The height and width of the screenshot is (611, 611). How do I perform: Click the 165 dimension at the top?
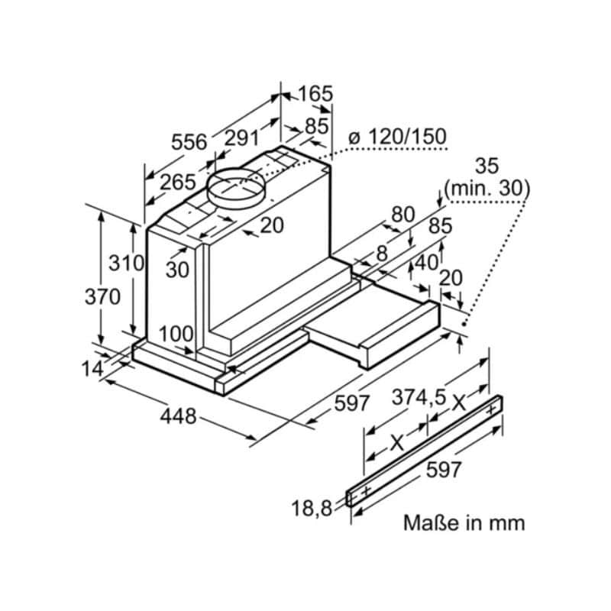click(x=315, y=94)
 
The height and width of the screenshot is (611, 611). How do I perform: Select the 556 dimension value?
click(x=189, y=142)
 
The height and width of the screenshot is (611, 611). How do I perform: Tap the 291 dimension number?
click(x=241, y=139)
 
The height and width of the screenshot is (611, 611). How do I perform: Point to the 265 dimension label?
click(x=178, y=182)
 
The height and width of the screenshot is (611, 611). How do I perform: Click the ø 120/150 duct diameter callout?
click(x=396, y=137)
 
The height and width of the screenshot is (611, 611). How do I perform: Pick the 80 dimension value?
click(x=402, y=215)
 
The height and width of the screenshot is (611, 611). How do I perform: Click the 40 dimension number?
click(x=426, y=262)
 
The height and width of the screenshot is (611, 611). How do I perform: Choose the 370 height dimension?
click(x=102, y=296)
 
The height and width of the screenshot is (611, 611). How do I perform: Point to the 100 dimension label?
click(x=176, y=334)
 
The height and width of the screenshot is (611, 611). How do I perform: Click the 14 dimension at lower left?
click(x=92, y=368)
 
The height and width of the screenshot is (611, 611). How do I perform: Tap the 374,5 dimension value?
click(x=419, y=398)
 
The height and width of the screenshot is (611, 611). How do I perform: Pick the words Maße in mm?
click(x=464, y=523)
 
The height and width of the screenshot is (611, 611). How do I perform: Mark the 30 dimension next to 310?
click(x=177, y=269)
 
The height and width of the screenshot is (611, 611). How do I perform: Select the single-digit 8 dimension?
click(x=382, y=253)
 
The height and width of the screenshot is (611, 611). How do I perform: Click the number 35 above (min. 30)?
click(x=487, y=166)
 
